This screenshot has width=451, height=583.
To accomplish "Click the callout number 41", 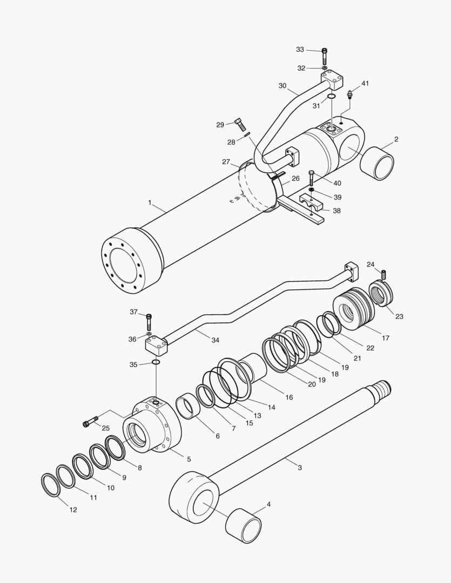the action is point(365,83).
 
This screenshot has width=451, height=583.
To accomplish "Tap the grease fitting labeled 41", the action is point(349,94).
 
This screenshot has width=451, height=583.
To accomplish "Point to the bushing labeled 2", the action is point(377,164).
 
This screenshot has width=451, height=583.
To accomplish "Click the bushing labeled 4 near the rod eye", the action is point(244,526).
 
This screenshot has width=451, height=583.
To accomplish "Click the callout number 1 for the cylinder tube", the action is point(150,202).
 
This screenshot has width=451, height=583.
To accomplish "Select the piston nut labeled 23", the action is point(381,294).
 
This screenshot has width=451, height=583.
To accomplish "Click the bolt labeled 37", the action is point(149,322).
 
